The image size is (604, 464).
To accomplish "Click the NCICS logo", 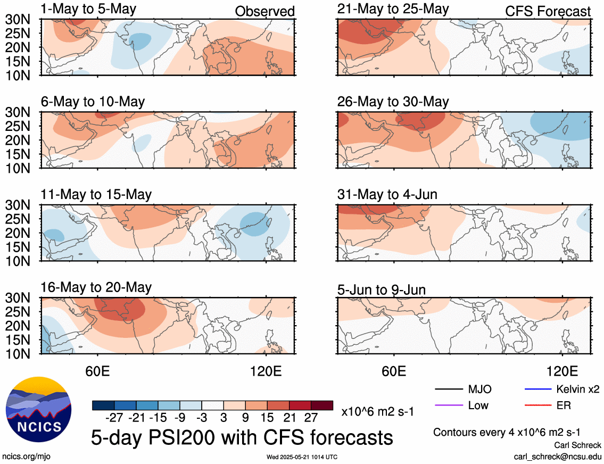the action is click(x=38, y=409).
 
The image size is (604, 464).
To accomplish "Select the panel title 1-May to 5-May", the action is click(x=88, y=9).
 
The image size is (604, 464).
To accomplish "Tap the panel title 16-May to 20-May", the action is click(x=96, y=288).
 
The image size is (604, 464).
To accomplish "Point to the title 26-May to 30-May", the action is click(x=393, y=102).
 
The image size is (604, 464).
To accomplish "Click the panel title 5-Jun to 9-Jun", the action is click(x=382, y=289).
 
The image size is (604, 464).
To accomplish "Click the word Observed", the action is click(x=265, y=11).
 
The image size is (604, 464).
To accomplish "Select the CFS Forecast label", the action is click(x=548, y=11).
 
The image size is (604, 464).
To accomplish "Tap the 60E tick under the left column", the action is click(x=97, y=371).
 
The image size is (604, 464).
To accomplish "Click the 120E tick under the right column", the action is click(x=562, y=371).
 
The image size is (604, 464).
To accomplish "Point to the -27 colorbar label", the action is click(x=114, y=417).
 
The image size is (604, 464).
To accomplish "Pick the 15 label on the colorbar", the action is click(x=267, y=417).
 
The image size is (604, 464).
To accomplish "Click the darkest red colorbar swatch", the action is click(x=322, y=405).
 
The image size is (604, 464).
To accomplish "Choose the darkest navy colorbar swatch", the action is click(x=103, y=405).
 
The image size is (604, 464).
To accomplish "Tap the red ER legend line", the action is click(x=538, y=405).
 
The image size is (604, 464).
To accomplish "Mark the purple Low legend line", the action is click(x=449, y=405).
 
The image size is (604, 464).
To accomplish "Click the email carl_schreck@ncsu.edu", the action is click(x=557, y=457).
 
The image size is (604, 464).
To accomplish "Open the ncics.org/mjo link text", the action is click(x=26, y=457).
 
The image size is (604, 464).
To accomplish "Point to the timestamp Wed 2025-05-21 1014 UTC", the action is click(x=302, y=457).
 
